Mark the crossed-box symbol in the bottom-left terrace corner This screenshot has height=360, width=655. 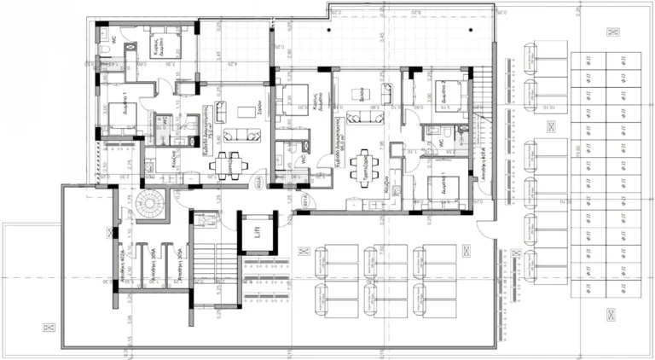(x=47, y=326)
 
